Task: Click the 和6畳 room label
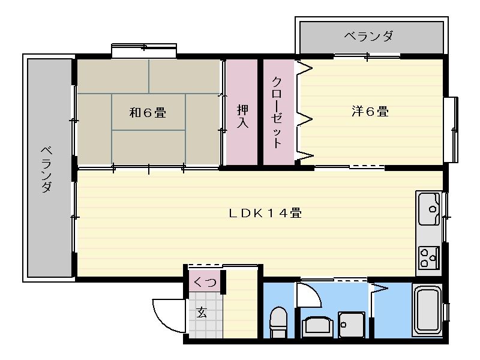[148, 112]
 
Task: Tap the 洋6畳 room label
[370, 111]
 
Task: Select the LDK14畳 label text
[265, 212]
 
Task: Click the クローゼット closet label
[277, 112]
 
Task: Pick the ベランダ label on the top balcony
[369, 37]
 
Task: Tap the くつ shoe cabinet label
[205, 281]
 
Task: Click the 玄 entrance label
[202, 312]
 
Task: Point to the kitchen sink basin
[430, 209]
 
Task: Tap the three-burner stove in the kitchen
[428, 257]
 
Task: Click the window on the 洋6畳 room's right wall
[450, 128]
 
